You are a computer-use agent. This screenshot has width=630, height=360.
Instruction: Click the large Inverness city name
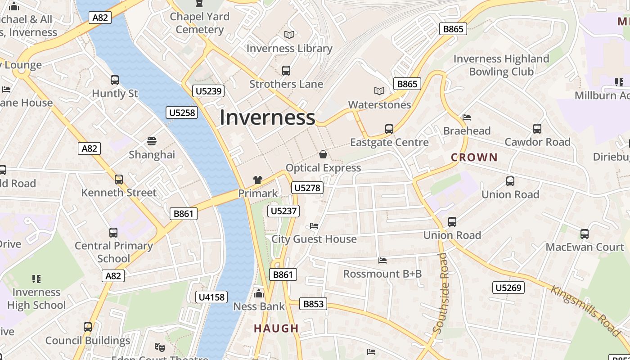[x=267, y=117]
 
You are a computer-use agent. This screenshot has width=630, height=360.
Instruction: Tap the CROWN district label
[x=474, y=157]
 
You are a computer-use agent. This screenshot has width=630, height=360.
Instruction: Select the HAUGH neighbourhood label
[x=276, y=328]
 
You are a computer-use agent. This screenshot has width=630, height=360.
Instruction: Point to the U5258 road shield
[x=182, y=112]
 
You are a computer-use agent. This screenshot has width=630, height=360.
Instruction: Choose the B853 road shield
[x=313, y=304]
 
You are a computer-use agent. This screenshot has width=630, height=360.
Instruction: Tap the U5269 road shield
[x=508, y=288]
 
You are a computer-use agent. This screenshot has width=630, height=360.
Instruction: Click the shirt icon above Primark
[x=258, y=180]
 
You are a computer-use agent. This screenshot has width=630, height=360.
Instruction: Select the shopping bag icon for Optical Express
[x=323, y=155]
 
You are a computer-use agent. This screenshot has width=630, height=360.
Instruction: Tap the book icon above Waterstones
[x=379, y=91]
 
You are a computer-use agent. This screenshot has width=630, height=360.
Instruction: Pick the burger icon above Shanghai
[x=152, y=141]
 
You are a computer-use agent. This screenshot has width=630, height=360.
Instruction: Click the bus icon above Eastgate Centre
[x=389, y=129]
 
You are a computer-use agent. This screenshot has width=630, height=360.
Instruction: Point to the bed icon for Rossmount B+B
[x=382, y=261]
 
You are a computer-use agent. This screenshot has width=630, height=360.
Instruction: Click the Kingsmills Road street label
[x=585, y=310]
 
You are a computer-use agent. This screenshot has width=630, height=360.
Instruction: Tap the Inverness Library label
[x=289, y=48]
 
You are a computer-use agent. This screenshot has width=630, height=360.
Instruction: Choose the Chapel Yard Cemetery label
[x=200, y=23]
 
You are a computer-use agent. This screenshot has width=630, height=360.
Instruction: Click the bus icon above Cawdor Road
[x=537, y=129]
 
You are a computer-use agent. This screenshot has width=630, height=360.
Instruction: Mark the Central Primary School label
[x=113, y=252]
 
